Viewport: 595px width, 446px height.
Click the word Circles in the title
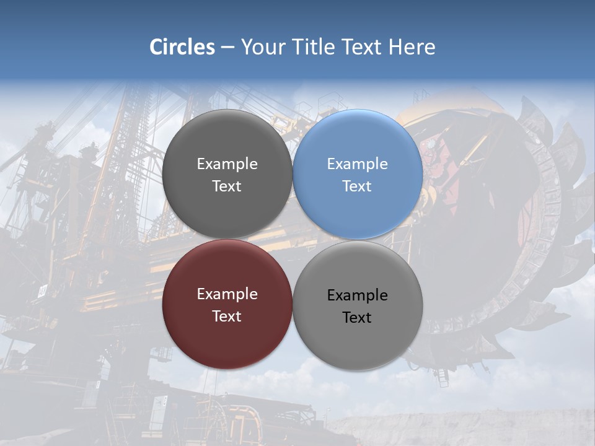(x=182, y=47)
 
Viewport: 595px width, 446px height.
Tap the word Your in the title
(x=262, y=47)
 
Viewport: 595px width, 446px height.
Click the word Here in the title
(x=412, y=47)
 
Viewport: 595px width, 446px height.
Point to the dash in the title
(x=227, y=48)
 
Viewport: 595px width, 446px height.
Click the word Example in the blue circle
(x=358, y=164)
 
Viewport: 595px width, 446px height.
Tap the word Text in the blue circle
(x=357, y=186)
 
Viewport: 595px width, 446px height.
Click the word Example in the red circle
(x=227, y=294)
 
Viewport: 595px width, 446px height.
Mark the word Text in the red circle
(x=227, y=317)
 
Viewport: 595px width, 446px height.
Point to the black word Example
(x=358, y=295)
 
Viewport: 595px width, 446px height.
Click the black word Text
(x=357, y=318)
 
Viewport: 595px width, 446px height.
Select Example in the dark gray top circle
(x=227, y=164)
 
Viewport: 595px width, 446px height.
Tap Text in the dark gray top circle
(x=227, y=186)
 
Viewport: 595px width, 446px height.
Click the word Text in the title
(x=363, y=47)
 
